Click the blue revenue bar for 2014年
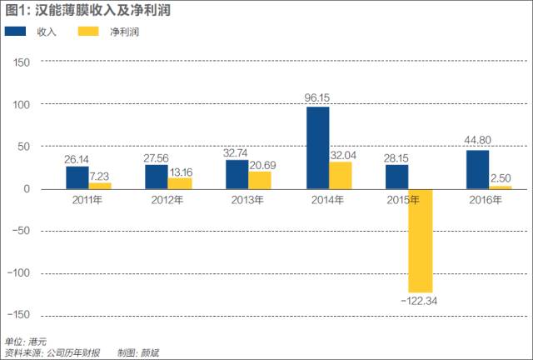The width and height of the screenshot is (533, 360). (x=317, y=147)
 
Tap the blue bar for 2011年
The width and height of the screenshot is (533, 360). (x=77, y=177)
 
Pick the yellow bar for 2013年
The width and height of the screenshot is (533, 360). (x=259, y=180)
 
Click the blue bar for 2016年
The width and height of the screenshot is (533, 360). (x=477, y=170)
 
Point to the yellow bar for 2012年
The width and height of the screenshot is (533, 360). (x=179, y=183)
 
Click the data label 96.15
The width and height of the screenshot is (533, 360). (x=318, y=97)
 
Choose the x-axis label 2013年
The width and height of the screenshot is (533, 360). (x=247, y=201)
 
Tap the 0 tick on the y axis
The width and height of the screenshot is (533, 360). (x=27, y=189)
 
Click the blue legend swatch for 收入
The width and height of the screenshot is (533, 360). (x=17, y=31)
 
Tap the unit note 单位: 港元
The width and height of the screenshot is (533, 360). (x=26, y=342)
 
